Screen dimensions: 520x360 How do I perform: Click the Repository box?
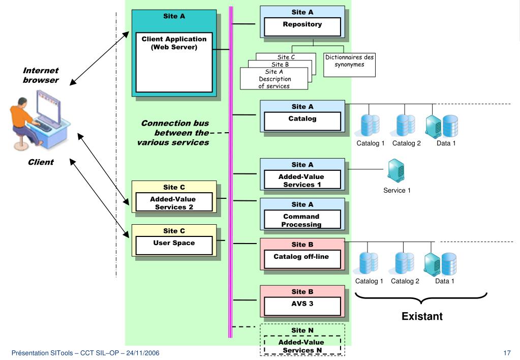point(302,26)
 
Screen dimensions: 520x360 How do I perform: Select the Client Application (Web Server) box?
point(174,62)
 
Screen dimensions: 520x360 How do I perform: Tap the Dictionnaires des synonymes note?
point(349,65)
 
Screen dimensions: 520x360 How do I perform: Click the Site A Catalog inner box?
point(302,121)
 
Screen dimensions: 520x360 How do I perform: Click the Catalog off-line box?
point(302,259)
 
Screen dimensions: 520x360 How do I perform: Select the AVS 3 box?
point(302,306)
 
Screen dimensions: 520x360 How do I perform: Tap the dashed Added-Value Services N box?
point(302,345)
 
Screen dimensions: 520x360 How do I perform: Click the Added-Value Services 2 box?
point(174,202)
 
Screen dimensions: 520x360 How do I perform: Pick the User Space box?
point(174,246)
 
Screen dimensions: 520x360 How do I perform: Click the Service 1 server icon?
point(396,170)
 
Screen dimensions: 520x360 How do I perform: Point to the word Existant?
point(422,316)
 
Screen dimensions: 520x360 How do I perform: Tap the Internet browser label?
point(41,75)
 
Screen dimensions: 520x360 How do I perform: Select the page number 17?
point(507,353)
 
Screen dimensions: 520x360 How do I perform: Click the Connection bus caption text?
point(173,133)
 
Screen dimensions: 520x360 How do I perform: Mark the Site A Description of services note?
point(274,79)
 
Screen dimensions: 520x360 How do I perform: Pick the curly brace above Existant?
point(421,298)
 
